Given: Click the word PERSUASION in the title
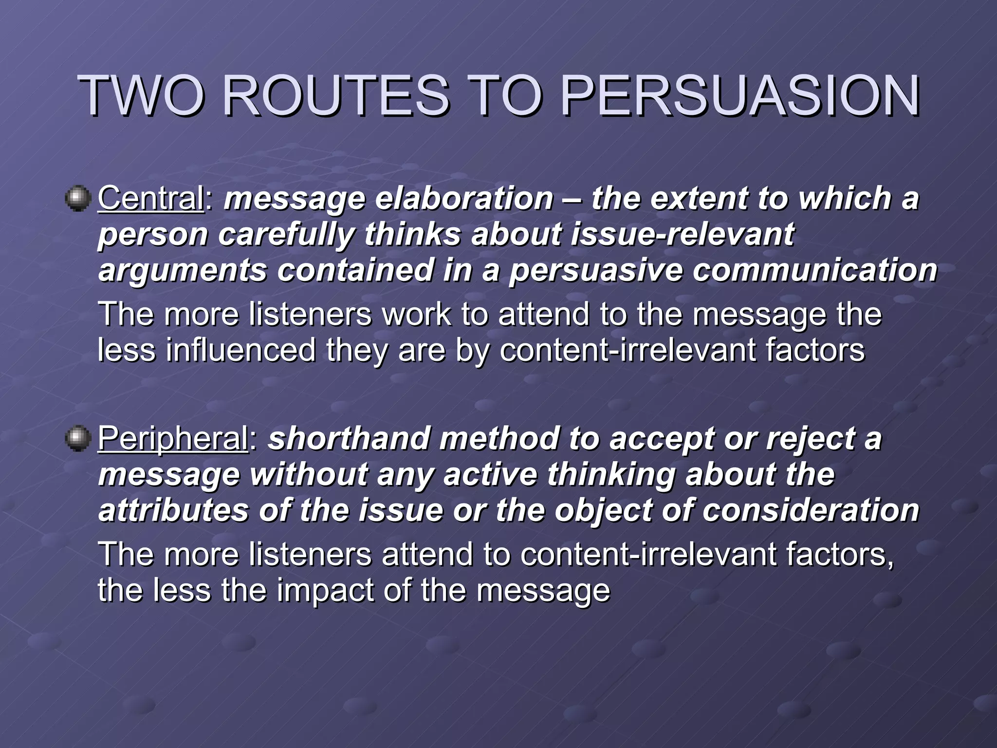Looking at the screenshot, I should pyautogui.click(x=740, y=96).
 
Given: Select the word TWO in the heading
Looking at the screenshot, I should pyautogui.click(x=141, y=96).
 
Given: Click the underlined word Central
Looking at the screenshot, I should pyautogui.click(x=151, y=199).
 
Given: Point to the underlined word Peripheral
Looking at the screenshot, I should pyautogui.click(x=173, y=438).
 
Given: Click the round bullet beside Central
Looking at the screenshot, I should pyautogui.click(x=78, y=199).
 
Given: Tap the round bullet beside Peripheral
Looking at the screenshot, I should pyautogui.click(x=78, y=438).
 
